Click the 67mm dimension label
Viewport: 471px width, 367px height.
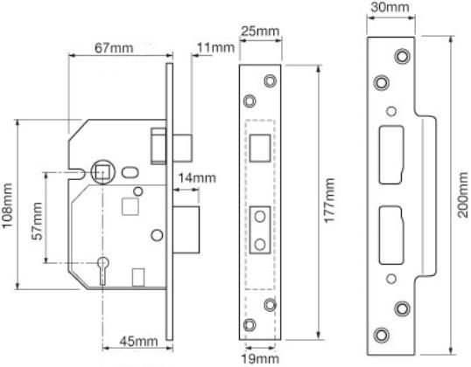114,48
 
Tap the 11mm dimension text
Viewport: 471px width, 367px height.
215,48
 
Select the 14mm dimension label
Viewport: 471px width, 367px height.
197,178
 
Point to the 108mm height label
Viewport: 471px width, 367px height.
7,205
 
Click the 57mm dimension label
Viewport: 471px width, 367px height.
38,221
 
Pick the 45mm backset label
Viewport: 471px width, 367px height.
138,341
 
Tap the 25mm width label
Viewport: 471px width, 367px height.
260,31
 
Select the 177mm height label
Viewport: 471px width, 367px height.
329,200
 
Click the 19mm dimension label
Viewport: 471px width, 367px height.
260,358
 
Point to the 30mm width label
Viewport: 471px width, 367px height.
390,7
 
